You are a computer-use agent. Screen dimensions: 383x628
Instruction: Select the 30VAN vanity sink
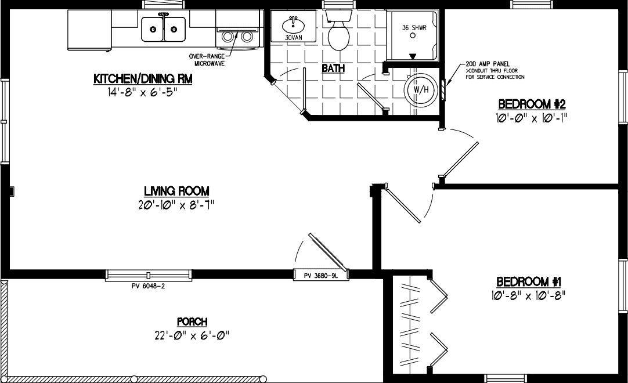pos(294,26)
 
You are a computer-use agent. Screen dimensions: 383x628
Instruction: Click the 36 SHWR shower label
pos(414,27)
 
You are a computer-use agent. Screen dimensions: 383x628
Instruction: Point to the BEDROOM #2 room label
pos(532,104)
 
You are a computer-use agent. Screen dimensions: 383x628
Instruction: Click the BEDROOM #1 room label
pos(529,282)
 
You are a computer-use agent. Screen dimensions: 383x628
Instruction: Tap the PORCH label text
pos(192,322)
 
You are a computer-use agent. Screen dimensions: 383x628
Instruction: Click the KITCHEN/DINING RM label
pos(142,79)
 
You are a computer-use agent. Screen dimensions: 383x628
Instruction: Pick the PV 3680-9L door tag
pos(320,276)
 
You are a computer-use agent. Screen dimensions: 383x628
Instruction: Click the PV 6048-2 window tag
pos(148,286)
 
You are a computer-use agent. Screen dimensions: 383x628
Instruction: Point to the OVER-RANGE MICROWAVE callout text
pos(207,59)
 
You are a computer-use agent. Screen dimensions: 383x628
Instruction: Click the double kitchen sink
pos(164,28)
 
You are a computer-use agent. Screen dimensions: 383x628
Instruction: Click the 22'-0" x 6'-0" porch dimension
pos(192,335)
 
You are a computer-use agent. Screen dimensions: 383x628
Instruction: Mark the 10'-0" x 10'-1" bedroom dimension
pos(532,118)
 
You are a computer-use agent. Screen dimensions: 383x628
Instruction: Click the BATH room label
pos(333,68)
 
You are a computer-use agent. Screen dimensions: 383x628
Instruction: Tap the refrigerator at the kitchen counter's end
pos(89,30)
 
